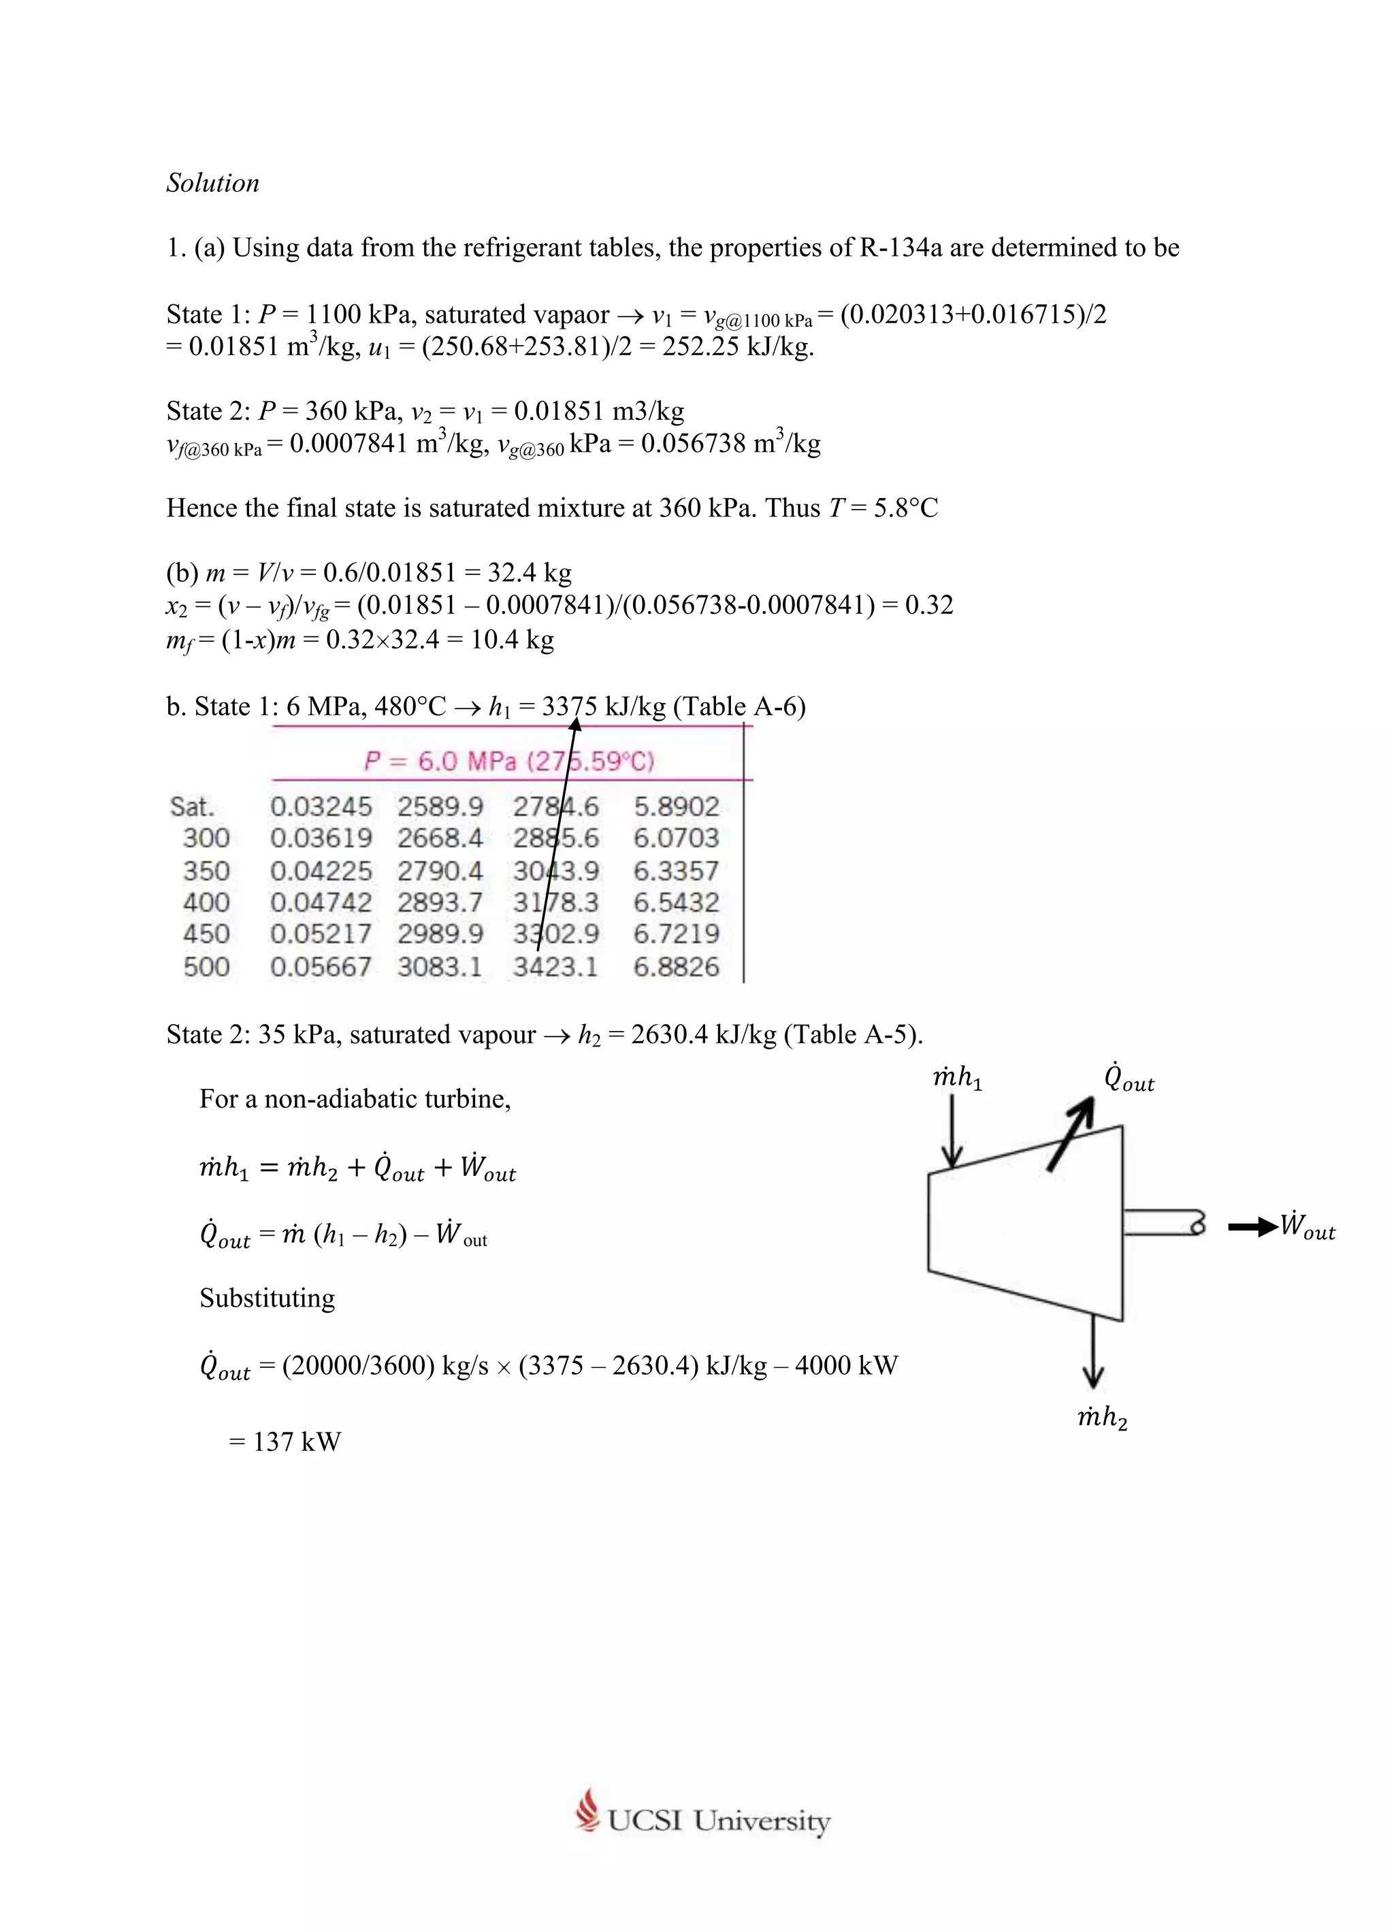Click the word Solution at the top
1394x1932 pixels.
coord(212,183)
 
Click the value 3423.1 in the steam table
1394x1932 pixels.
coord(555,967)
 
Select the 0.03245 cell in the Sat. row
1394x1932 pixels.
coord(321,806)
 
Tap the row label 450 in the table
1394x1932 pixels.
coord(206,934)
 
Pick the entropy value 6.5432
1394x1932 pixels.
coord(676,902)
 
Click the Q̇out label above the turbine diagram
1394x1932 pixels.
coord(1129,1079)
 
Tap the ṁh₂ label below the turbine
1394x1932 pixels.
coord(1102,1418)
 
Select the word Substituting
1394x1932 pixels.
coord(267,1298)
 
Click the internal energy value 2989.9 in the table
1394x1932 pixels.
coord(440,934)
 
